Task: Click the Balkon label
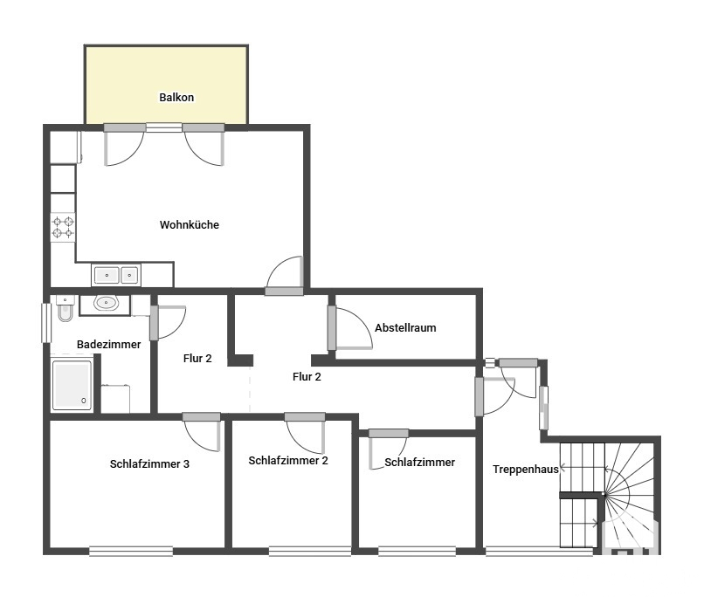[176, 98]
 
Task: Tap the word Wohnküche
[189, 224]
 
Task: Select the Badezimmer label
[108, 345]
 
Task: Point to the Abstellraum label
[405, 328]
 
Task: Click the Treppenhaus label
[525, 470]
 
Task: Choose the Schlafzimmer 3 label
[149, 463]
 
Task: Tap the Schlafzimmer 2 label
[288, 461]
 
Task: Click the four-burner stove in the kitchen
[63, 227]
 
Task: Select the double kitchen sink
[116, 275]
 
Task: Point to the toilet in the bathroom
[66, 309]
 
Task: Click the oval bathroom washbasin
[106, 303]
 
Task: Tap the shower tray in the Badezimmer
[72, 385]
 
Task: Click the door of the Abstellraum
[350, 328]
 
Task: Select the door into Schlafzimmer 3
[202, 431]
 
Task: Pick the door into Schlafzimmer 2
[305, 433]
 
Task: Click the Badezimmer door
[168, 322]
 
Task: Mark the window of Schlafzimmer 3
[131, 552]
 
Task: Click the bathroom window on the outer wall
[46, 323]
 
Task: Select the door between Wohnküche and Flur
[285, 276]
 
